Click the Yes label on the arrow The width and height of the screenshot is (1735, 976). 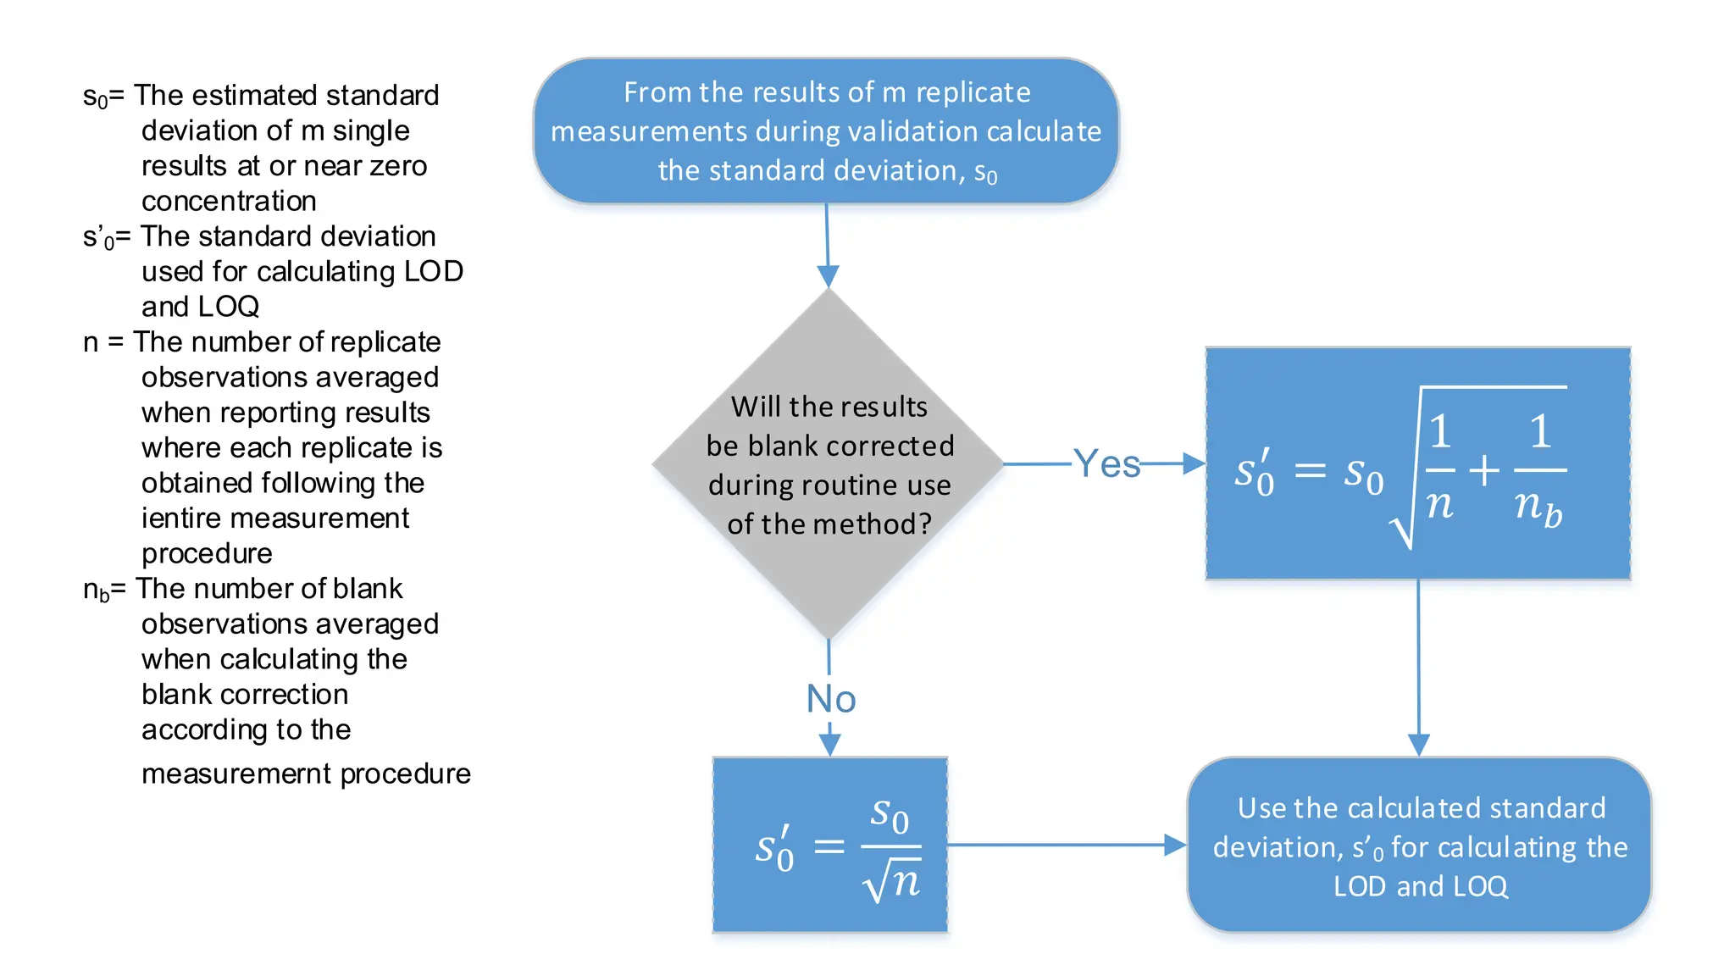tap(1106, 464)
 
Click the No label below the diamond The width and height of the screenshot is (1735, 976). tap(830, 700)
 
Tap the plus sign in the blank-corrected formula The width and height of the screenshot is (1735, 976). tap(1483, 470)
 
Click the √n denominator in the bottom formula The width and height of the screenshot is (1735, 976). tap(891, 883)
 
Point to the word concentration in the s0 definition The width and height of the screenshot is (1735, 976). tap(229, 202)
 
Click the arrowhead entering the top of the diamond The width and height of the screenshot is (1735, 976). tap(828, 276)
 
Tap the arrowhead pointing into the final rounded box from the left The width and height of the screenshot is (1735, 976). tap(1175, 845)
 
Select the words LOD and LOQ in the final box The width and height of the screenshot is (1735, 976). tap(1420, 886)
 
